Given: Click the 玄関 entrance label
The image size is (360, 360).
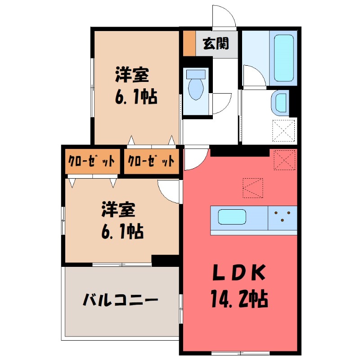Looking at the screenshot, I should click(x=216, y=44).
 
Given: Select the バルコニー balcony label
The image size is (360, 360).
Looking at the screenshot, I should click(x=121, y=299).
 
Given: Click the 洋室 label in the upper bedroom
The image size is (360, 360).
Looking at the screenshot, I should click(x=131, y=75).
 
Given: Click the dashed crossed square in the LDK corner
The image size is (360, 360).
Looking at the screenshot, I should click(x=284, y=160).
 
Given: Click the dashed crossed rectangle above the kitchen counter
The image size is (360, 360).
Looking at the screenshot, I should click(x=252, y=188).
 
